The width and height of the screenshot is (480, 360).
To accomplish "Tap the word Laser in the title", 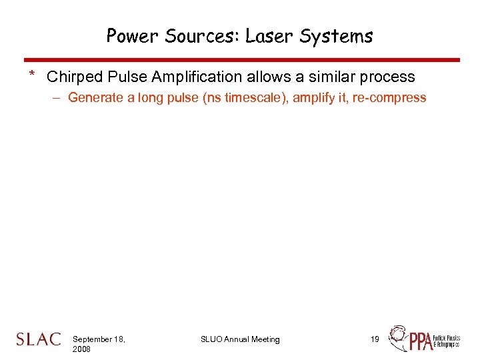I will (271, 36).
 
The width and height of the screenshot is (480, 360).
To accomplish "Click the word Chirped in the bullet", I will (74, 77).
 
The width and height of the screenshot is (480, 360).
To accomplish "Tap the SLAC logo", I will (38, 339).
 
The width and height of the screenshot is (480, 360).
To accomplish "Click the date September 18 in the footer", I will (98, 339).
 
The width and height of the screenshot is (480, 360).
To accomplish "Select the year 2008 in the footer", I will (83, 349).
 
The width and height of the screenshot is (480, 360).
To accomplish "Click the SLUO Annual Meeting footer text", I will (240, 339).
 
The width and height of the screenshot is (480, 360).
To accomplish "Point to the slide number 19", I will (375, 339).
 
